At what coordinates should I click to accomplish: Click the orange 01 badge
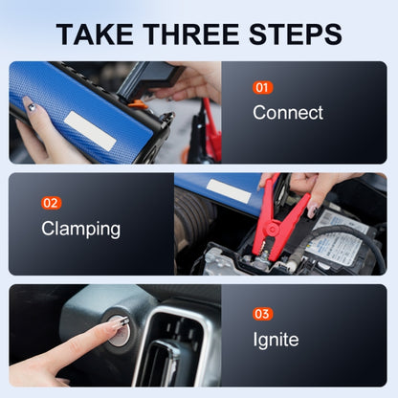click(262, 87)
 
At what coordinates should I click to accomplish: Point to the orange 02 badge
click(52, 203)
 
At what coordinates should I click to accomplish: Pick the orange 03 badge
click(262, 314)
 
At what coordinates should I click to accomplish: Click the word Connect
click(287, 113)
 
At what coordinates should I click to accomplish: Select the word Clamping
click(80, 229)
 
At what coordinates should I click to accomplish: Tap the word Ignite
click(276, 340)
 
